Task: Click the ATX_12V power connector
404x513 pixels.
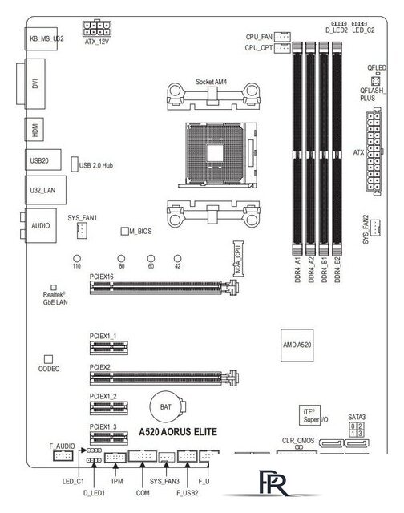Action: point(97,28)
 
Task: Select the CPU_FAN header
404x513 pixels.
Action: point(282,36)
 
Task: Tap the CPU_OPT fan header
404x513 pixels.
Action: point(282,48)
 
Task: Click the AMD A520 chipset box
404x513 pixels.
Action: point(297,345)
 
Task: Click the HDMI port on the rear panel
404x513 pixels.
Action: point(34,130)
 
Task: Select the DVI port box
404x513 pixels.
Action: point(31,83)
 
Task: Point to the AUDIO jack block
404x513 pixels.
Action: point(41,225)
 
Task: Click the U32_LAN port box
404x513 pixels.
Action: point(46,190)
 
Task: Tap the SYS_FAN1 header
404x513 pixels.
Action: point(82,231)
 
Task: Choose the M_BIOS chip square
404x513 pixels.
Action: point(124,231)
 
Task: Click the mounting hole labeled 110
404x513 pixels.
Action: point(76,258)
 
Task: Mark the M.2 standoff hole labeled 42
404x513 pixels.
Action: point(177,258)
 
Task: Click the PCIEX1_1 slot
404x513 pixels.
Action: point(109,348)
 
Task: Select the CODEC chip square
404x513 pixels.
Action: point(48,359)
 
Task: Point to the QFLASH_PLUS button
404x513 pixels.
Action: point(375,80)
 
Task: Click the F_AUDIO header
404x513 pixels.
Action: point(63,456)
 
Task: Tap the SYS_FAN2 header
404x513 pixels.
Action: point(375,227)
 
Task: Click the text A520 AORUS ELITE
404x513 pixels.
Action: point(178,432)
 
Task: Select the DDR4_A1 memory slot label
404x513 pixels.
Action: point(297,270)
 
